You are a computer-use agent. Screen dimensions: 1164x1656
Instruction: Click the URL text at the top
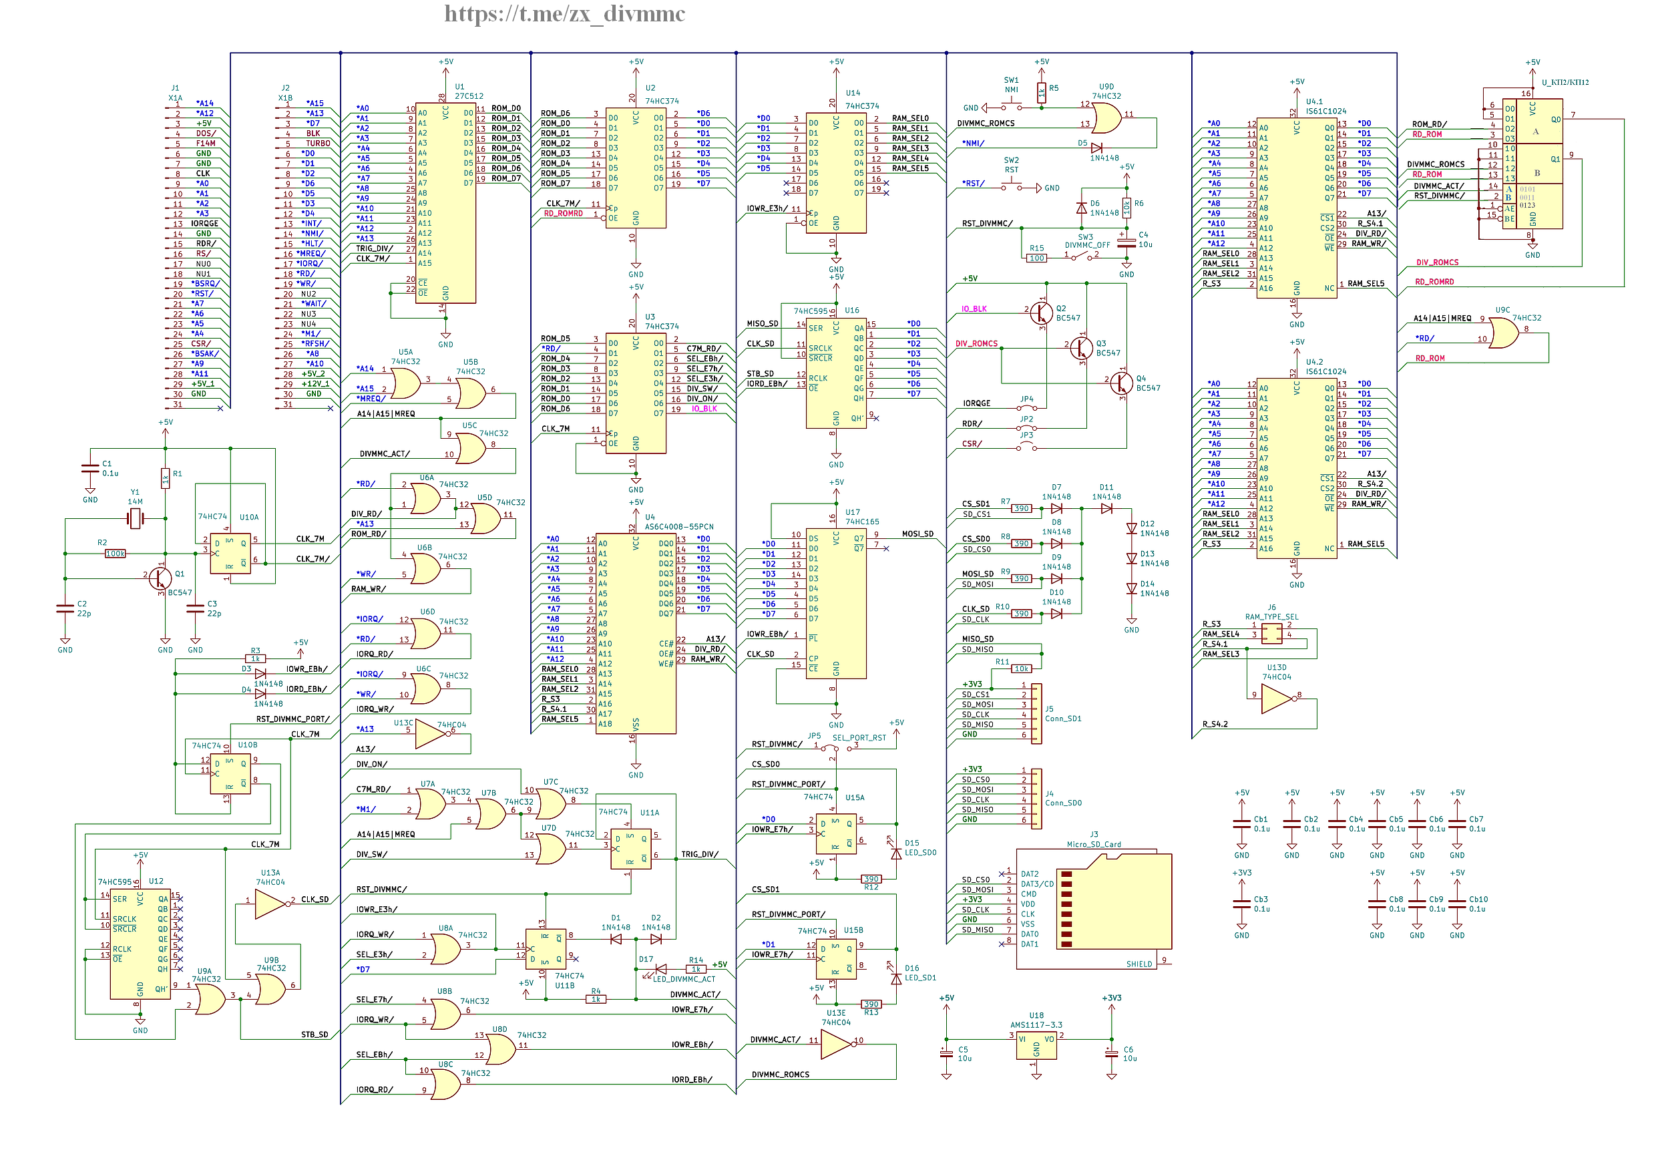[564, 14]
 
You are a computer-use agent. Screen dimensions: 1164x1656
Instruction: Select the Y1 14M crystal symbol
[135, 518]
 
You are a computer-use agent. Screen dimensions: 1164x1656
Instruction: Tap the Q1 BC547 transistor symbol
[160, 578]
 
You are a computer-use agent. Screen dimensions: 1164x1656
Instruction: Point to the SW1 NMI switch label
[1011, 85]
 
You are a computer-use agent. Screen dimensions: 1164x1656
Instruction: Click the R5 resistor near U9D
[1041, 92]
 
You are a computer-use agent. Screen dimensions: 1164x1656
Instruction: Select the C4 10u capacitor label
[1145, 240]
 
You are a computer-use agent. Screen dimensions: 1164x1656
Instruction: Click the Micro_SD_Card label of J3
[1093, 844]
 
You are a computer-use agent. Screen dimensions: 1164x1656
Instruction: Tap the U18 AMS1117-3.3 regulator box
[1036, 1046]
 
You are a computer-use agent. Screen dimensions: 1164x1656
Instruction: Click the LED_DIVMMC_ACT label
[684, 978]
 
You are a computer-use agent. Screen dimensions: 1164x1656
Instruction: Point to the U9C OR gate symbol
[1503, 333]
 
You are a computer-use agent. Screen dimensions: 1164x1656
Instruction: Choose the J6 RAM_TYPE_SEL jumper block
[1271, 633]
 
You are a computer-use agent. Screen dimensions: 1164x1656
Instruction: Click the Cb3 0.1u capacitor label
[1261, 904]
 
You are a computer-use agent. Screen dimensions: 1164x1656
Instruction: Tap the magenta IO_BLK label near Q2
[974, 309]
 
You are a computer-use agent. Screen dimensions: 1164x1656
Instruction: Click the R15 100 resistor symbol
[1036, 258]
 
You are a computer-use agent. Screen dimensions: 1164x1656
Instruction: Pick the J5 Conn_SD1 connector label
[1062, 714]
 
